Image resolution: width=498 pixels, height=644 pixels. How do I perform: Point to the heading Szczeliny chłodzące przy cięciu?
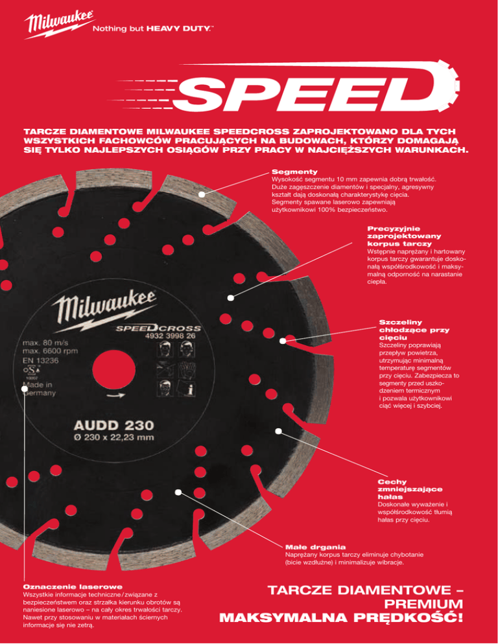coord(405,330)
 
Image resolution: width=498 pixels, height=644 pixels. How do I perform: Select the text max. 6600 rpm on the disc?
coord(56,351)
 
